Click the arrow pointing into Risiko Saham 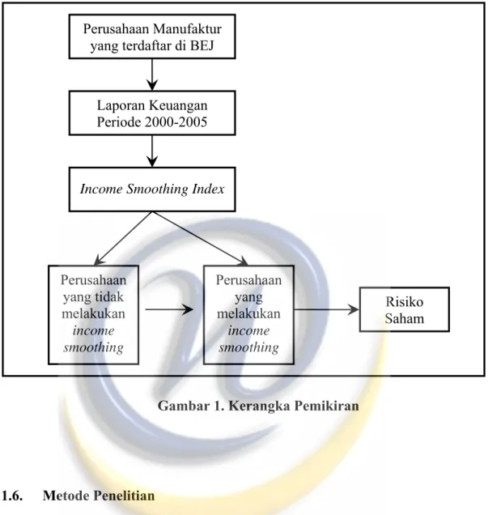point(326,309)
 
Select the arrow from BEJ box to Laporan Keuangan point(152,74)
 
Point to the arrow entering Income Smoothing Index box point(152,151)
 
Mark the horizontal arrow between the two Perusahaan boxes point(169,309)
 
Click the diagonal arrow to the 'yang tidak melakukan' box point(123,238)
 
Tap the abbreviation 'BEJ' point(202,45)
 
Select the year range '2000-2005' point(176,122)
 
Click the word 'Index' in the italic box point(209,189)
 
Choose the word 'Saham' point(405,318)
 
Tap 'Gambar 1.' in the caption point(191,406)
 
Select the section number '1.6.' point(12,496)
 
